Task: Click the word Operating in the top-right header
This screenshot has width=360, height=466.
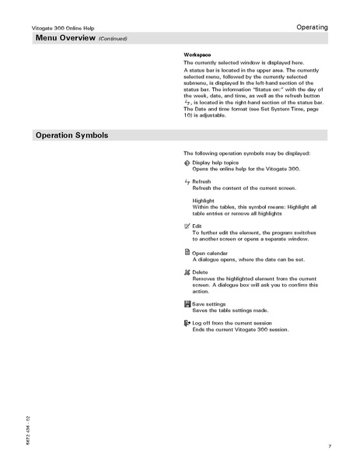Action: tap(312, 27)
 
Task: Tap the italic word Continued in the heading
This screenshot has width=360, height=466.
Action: tap(113, 39)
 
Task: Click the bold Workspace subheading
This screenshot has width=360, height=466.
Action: tap(197, 54)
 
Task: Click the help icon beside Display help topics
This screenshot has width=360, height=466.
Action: tap(187, 163)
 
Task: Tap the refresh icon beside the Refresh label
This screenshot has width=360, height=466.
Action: tap(187, 181)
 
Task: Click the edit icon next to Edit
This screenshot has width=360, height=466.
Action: tap(187, 225)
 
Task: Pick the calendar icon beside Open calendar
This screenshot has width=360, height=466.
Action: tap(187, 252)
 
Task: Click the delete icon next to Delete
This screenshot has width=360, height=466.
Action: tap(187, 272)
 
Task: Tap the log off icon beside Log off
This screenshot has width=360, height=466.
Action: tap(187, 322)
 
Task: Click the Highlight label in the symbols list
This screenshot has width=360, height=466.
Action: tap(205, 200)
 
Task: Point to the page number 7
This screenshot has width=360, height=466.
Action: tap(330, 446)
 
